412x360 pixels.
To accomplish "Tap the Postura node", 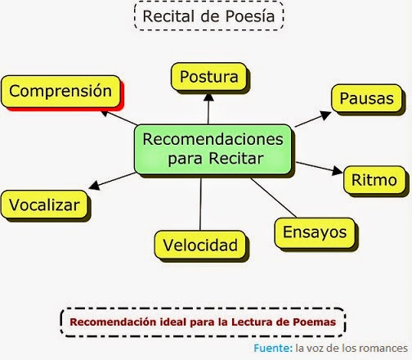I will tap(208, 78).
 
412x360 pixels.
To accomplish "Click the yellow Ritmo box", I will tap(374, 179).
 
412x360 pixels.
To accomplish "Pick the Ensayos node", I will tap(314, 232).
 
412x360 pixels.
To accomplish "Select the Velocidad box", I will tap(199, 245).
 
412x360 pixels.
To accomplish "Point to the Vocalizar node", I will tap(44, 204).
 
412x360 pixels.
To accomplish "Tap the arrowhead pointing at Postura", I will tap(208, 97).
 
